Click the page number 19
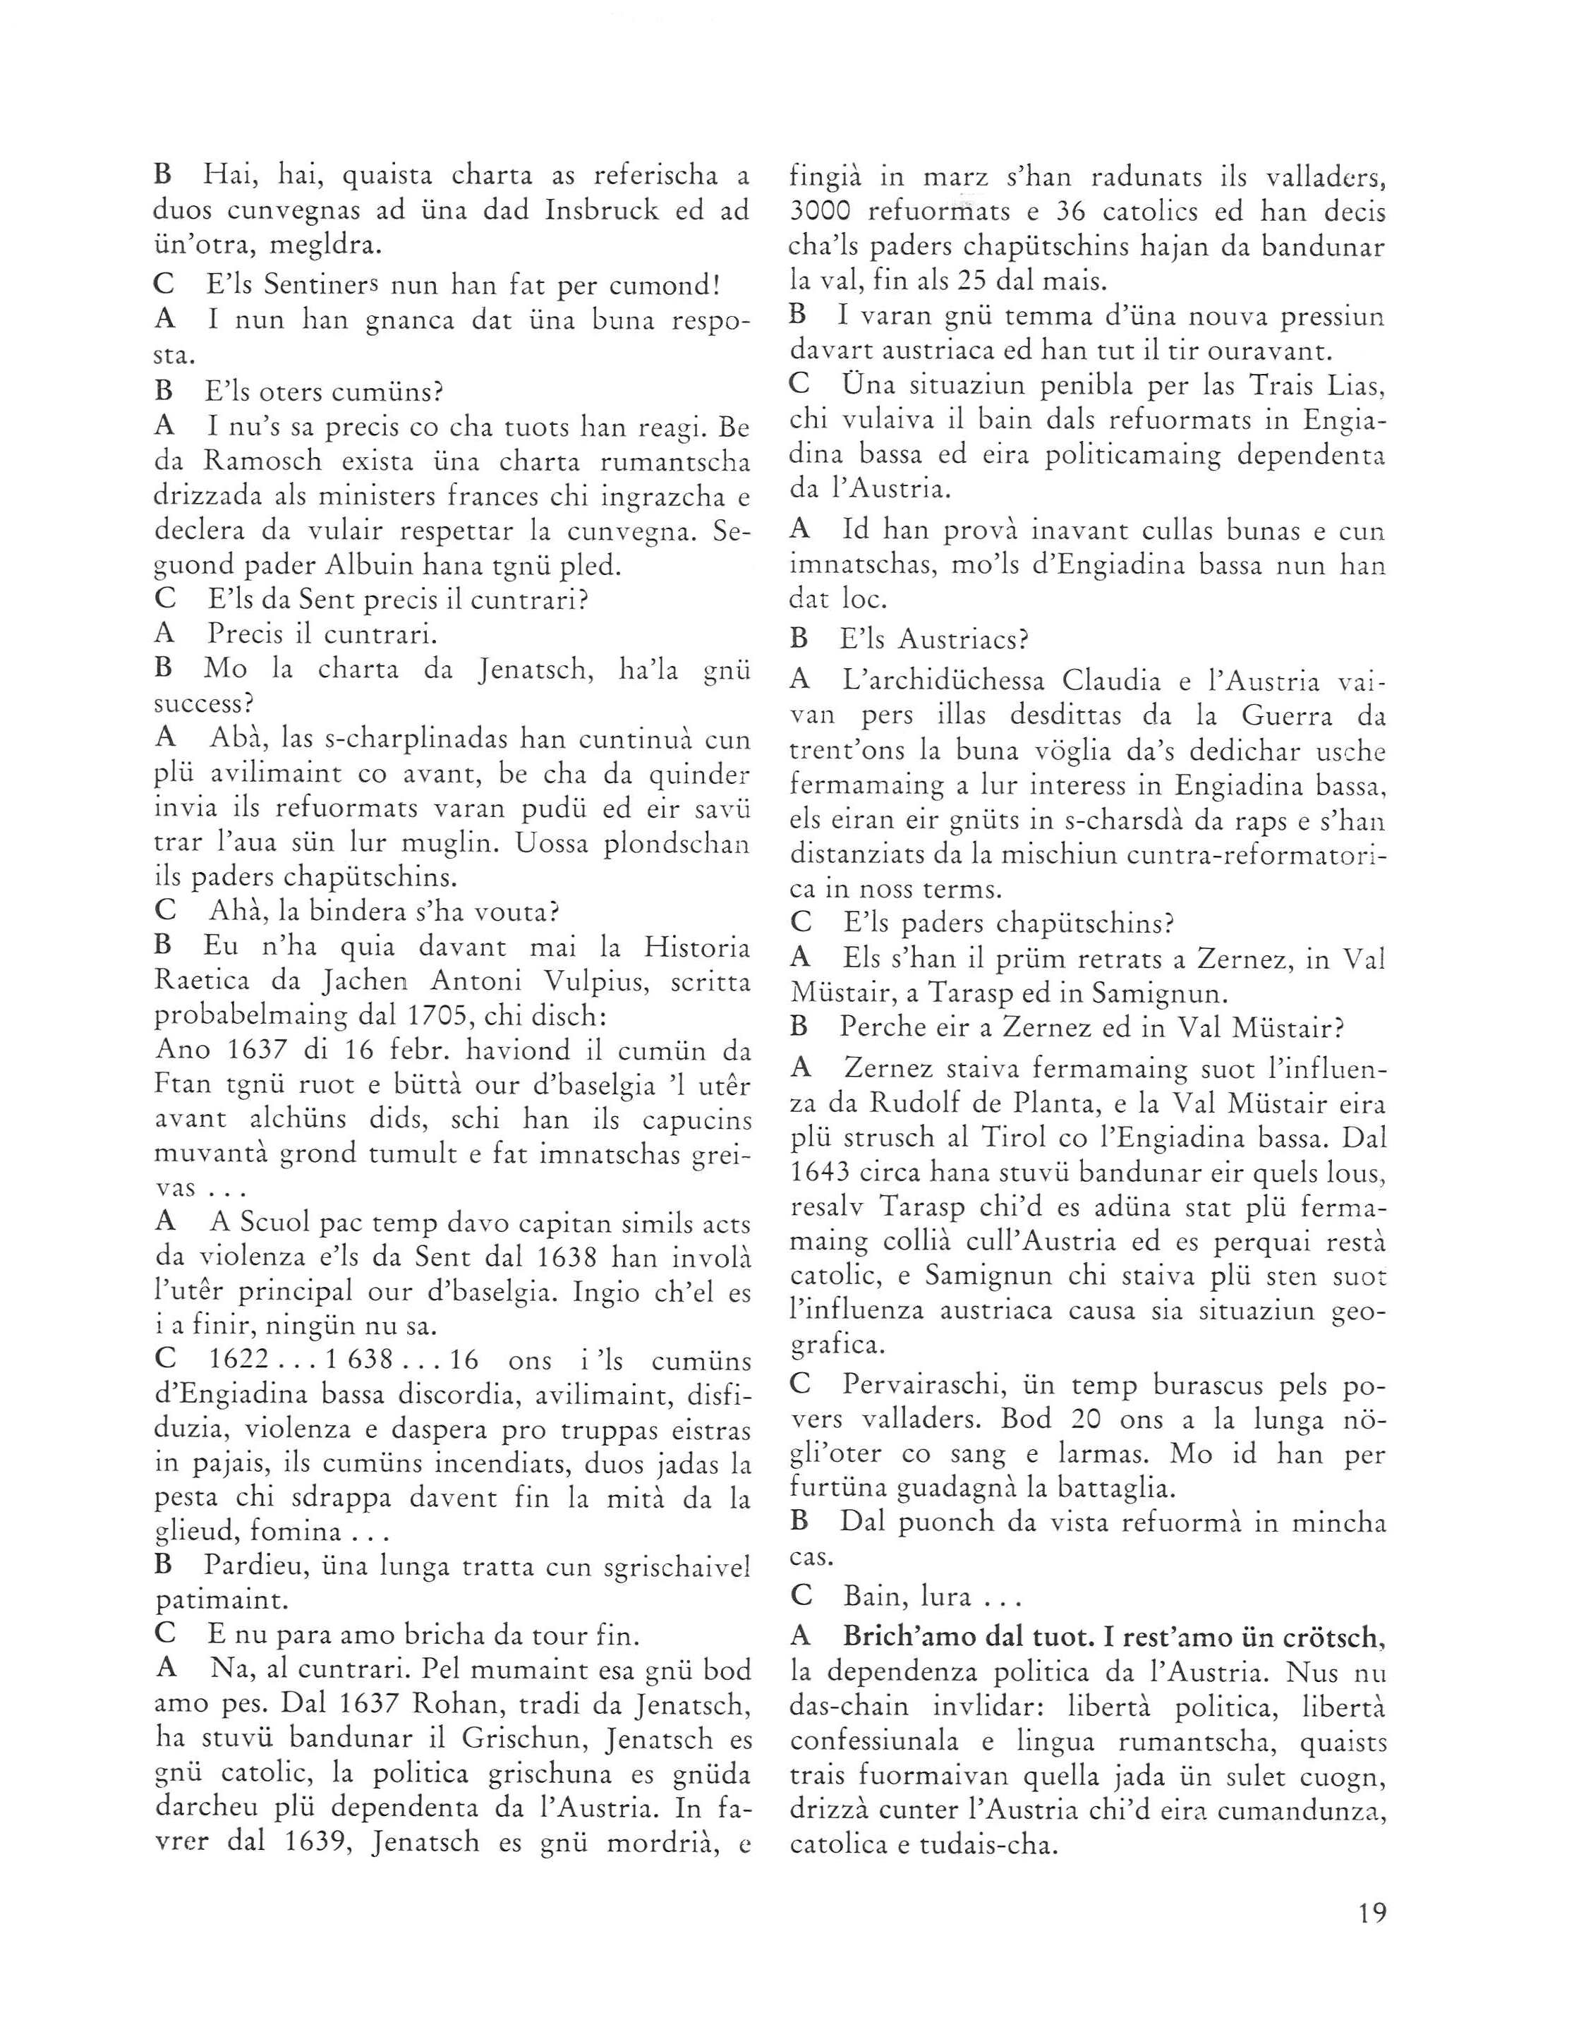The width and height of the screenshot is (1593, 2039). tap(1373, 1914)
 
